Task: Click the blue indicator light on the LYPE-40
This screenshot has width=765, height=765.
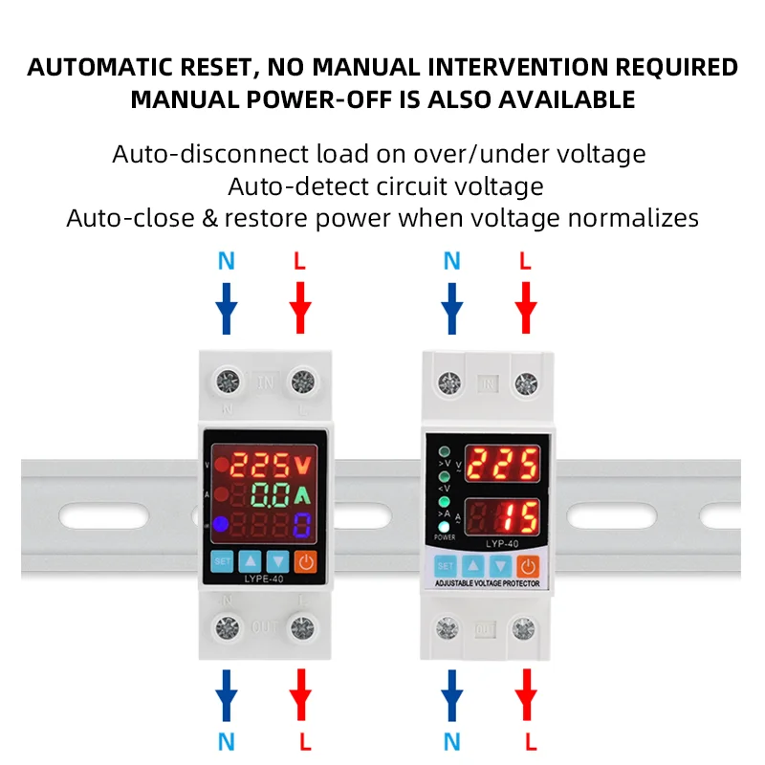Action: tap(220, 524)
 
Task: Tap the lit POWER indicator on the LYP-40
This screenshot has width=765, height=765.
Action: tap(444, 527)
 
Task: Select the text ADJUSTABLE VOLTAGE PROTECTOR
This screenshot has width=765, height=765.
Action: tap(488, 583)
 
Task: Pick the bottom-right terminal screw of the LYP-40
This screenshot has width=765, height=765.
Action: tap(523, 629)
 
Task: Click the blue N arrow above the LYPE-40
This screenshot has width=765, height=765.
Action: tap(227, 306)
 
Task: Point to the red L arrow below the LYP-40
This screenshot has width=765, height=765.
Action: tap(524, 692)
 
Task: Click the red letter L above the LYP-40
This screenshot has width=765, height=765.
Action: tap(524, 261)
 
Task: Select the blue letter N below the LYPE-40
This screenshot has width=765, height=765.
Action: tap(227, 740)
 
